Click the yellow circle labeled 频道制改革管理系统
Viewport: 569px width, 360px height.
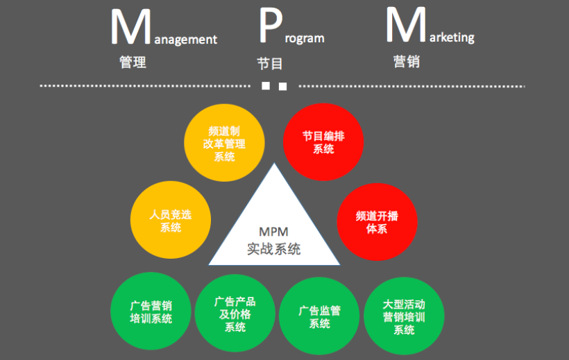pyautogui.click(x=224, y=144)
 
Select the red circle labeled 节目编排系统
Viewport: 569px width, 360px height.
pyautogui.click(x=323, y=142)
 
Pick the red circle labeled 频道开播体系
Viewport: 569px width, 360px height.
pyautogui.click(x=377, y=222)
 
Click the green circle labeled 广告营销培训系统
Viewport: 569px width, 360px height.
pyautogui.click(x=151, y=312)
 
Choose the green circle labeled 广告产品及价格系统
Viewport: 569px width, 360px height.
pyautogui.click(x=235, y=313)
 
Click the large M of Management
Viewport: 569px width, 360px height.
pyautogui.click(x=130, y=28)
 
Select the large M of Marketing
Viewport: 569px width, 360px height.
pyautogui.click(x=406, y=27)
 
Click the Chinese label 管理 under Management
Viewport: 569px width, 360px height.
pyautogui.click(x=133, y=62)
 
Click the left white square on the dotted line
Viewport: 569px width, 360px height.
pyautogui.click(x=265, y=87)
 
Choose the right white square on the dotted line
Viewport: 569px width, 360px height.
pyautogui.click(x=282, y=87)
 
